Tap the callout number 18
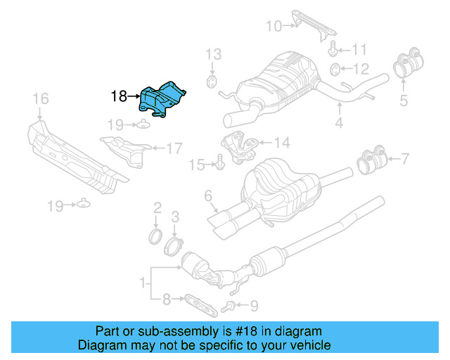[x=120, y=96]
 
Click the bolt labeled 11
[x=333, y=49]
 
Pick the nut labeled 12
[x=336, y=69]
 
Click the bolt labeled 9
[x=226, y=305]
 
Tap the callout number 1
[x=143, y=283]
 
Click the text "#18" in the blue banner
[x=244, y=331]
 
